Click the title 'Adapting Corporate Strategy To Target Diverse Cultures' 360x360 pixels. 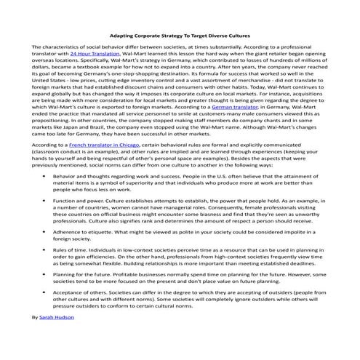click(179, 35)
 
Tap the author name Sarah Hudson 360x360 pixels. click(59, 318)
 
